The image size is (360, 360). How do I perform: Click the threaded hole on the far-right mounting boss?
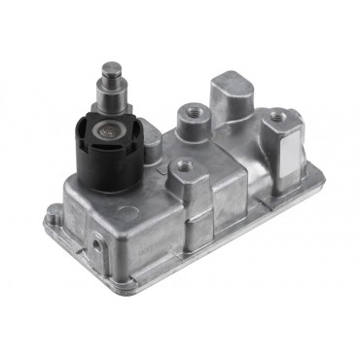(x=280, y=116)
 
